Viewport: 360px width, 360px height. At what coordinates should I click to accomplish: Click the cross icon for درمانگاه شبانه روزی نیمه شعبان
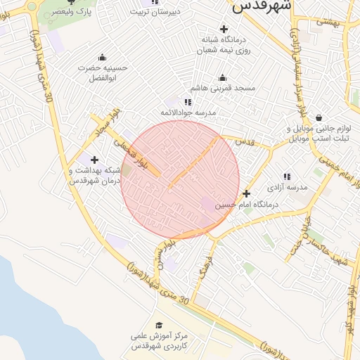224,29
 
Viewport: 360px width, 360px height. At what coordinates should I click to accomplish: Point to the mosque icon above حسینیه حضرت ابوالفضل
103,58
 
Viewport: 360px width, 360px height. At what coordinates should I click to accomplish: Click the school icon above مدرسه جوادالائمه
188,102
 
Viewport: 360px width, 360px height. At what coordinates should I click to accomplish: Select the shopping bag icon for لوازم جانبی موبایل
319,117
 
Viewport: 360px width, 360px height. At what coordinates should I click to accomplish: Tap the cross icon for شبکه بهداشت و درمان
94,160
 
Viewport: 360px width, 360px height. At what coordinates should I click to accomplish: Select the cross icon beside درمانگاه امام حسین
246,193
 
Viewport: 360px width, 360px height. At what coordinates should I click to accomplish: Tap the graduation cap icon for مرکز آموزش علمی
160,325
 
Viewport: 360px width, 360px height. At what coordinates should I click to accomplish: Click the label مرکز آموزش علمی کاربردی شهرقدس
160,342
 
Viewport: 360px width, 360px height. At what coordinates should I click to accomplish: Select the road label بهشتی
327,22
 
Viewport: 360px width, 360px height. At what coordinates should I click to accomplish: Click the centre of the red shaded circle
181,179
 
